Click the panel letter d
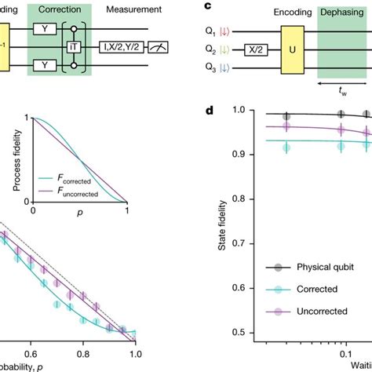[209, 109]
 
